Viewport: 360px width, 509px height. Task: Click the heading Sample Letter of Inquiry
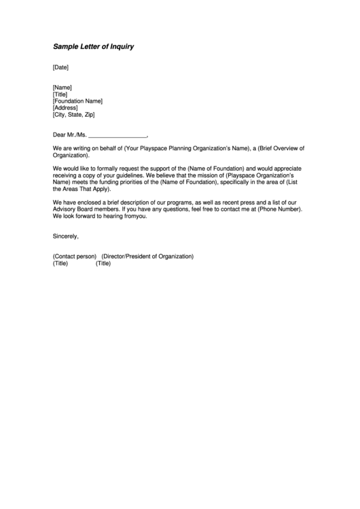[x=94, y=47]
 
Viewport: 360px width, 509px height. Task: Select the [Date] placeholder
[x=60, y=67]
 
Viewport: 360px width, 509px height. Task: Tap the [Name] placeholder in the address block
[x=62, y=87]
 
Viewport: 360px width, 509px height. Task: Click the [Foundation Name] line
[x=77, y=101]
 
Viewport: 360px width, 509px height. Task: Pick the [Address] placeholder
[x=65, y=107]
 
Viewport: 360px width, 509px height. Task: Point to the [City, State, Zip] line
[x=74, y=114]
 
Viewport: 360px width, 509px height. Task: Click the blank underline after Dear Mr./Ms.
[x=118, y=135]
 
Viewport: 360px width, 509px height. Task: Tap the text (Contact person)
[x=74, y=256]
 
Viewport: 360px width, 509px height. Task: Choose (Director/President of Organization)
[x=147, y=256]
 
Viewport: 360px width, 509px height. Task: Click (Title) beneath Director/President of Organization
[x=103, y=263]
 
